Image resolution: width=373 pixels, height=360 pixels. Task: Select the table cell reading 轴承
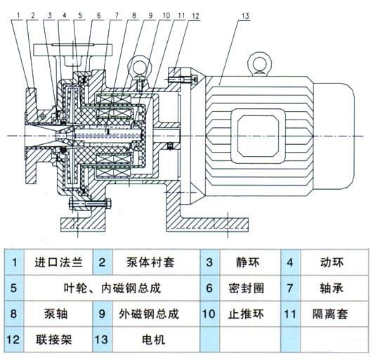coord(331,288)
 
